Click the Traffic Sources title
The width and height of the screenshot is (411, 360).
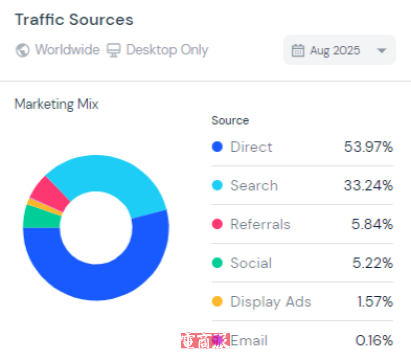pos(74,20)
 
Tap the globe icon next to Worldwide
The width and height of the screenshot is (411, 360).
pos(23,50)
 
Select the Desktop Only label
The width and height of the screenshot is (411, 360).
pos(167,50)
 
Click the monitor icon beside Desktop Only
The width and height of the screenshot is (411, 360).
pos(113,50)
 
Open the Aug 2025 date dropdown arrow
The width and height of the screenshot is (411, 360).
pos(381,50)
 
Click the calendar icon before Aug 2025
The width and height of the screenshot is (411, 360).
pos(297,50)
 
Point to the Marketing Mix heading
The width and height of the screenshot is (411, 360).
pos(57,104)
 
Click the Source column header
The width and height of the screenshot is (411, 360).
pos(230,120)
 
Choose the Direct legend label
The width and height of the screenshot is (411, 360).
pos(251,147)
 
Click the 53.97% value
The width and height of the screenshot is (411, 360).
pos(368,147)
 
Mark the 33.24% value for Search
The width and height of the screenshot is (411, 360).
pos(368,185)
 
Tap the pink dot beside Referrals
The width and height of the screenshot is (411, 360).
pos(217,224)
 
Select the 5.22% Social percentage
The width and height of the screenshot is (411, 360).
pos(372,263)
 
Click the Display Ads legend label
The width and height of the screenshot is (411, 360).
pos(271,301)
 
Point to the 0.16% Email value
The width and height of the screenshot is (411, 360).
pos(374,340)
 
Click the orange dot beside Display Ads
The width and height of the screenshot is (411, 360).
pos(217,301)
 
